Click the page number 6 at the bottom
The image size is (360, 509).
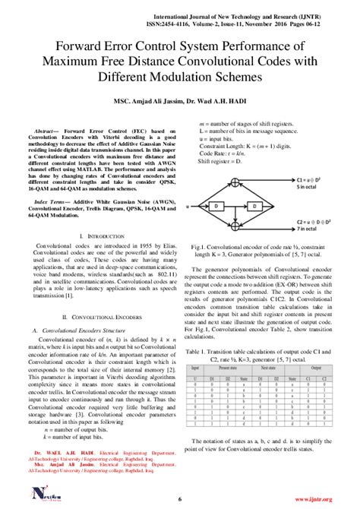180,498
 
